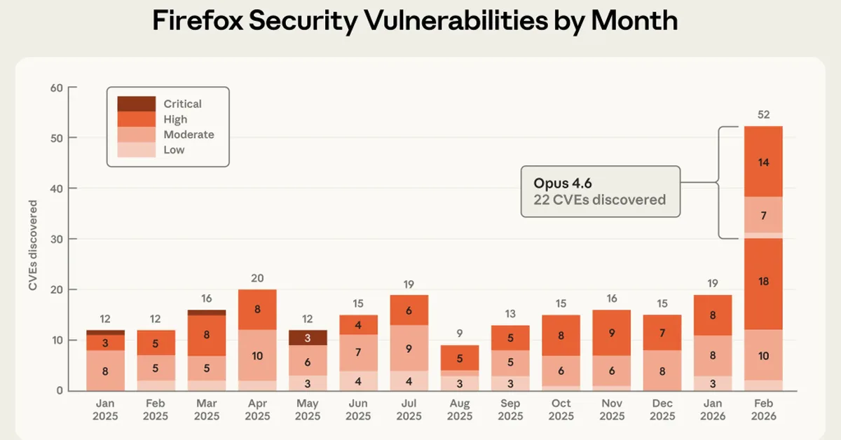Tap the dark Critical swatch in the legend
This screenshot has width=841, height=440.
pos(136,104)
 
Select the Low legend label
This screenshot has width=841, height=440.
pos(174,150)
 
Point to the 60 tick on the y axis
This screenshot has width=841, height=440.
pos(56,88)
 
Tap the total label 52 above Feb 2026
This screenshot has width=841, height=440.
pos(763,114)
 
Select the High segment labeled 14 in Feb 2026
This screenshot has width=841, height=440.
pos(763,161)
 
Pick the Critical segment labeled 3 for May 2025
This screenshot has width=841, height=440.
pos(307,338)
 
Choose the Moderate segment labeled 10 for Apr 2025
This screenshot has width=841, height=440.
pos(257,356)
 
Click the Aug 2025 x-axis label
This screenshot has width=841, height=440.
pos(459,410)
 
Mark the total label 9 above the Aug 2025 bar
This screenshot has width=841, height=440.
pos(459,334)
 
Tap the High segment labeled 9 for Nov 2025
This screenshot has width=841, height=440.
pos(611,334)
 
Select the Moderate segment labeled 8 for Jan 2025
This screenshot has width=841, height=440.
pos(105,371)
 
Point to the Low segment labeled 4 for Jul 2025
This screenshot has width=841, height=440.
pos(409,380)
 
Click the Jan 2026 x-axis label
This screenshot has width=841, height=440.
pos(713,410)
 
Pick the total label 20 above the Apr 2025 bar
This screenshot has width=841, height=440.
pos(257,278)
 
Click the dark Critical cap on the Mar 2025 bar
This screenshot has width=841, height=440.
pos(206,312)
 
